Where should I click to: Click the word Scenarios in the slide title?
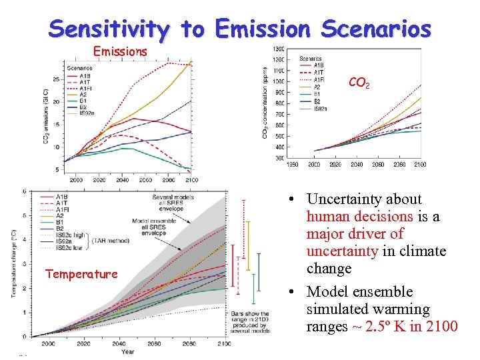click(376, 29)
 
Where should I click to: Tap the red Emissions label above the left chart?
click(120, 51)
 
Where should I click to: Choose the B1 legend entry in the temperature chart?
click(61, 223)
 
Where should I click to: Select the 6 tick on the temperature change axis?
click(25, 192)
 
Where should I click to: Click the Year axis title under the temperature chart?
click(127, 351)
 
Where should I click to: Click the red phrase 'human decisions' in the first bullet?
click(359, 217)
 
